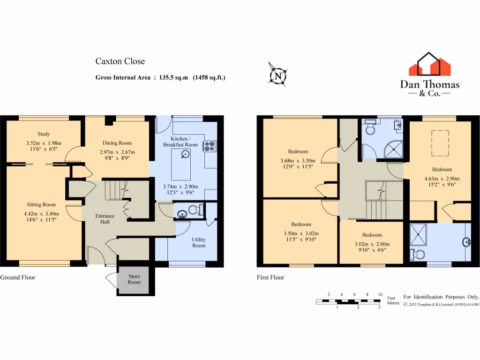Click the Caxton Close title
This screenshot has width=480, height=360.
click(120, 61)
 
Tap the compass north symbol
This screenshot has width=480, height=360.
click(278, 75)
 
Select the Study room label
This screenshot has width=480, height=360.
click(44, 134)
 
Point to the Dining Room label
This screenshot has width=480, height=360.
click(117, 143)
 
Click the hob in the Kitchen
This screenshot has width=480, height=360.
click(209, 146)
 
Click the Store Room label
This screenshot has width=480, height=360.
click(135, 279)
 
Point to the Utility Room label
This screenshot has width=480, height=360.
click(199, 242)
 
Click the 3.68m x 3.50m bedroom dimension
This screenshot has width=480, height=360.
click(298, 160)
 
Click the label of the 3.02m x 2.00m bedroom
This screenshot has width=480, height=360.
click(372, 235)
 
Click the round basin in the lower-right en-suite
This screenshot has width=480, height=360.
click(466, 242)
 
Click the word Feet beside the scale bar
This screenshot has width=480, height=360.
click(391, 298)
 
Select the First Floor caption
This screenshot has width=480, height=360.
click(270, 277)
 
